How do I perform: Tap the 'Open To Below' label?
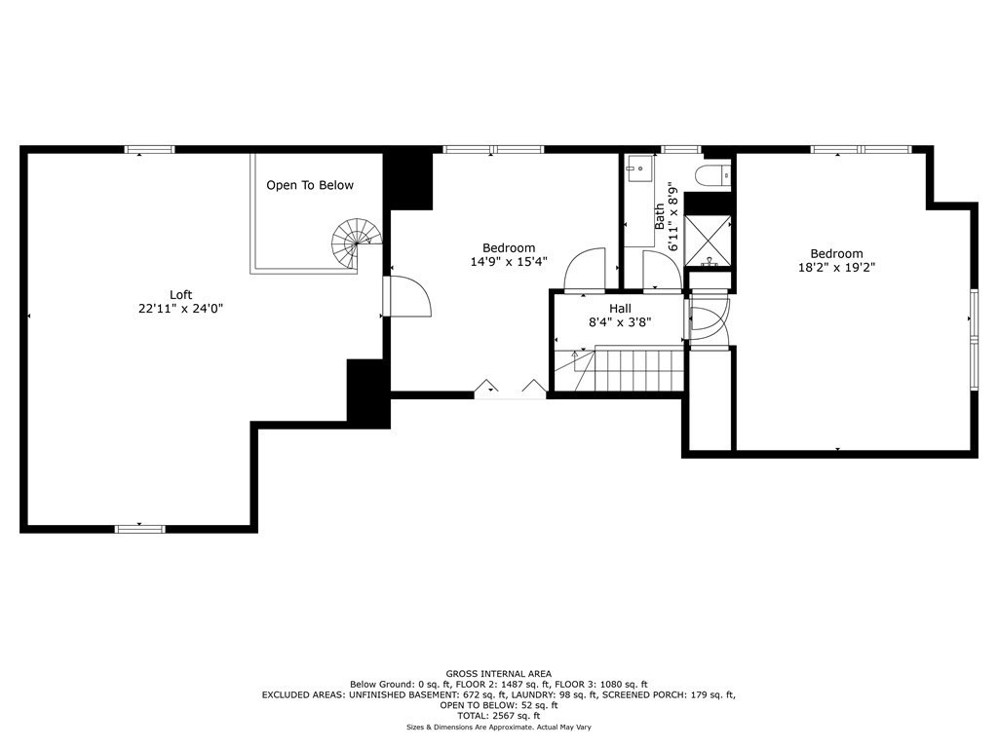pos(310,185)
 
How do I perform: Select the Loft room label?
pos(180,294)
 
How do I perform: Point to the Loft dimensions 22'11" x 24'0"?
pos(180,309)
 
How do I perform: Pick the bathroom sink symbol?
pos(638,168)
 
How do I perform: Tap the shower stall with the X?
pos(708,241)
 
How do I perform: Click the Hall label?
pos(620,309)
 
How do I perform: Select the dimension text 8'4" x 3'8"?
pos(620,322)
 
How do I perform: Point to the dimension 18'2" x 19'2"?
pos(836,268)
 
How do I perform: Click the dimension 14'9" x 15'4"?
pos(509,261)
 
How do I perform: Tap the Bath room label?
pos(660,216)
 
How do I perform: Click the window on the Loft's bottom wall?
pos(140,529)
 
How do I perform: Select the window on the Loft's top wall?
pos(149,149)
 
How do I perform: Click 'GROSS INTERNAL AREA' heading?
pos(498,674)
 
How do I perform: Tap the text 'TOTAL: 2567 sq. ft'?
pos(498,716)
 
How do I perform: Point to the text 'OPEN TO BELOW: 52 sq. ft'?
pos(498,705)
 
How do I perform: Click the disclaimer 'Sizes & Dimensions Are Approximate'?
pos(470,727)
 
